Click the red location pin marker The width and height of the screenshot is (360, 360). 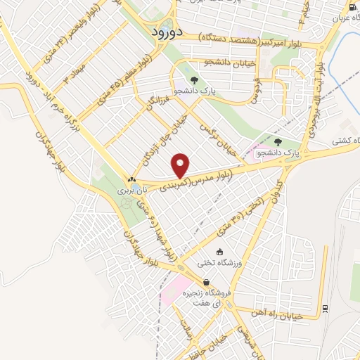click(181, 165)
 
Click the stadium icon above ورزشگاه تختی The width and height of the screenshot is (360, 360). click(219, 252)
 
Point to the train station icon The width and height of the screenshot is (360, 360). click(325, 308)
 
